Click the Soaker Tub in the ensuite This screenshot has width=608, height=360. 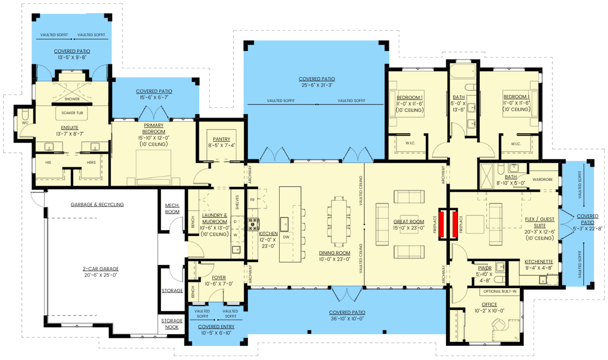click(x=72, y=113)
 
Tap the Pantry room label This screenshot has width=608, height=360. click(x=222, y=139)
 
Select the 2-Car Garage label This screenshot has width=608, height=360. click(x=101, y=269)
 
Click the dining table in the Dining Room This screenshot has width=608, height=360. click(x=339, y=222)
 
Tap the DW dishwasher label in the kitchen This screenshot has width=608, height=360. click(x=286, y=237)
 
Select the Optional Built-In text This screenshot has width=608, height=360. click(x=500, y=291)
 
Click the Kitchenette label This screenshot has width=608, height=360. click(x=538, y=261)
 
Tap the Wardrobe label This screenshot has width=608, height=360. click(x=543, y=179)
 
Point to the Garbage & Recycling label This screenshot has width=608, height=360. click(x=97, y=204)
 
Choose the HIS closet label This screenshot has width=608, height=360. click(x=48, y=162)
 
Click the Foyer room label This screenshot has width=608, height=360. click(x=219, y=277)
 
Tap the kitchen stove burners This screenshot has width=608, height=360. click(x=254, y=225)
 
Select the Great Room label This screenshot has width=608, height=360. click(x=408, y=222)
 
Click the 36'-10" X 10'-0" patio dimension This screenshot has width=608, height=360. click(x=347, y=319)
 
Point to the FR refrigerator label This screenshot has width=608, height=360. click(x=252, y=200)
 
